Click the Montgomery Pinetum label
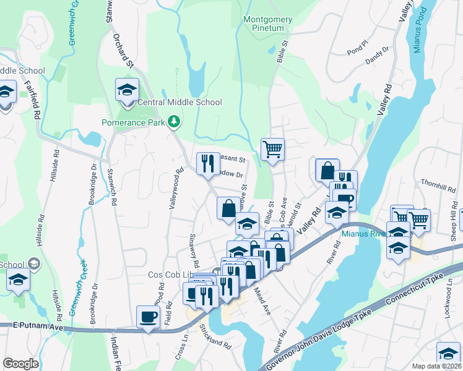coord(267,24)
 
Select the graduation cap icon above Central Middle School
coord(127,90)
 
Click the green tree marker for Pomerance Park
coord(175,122)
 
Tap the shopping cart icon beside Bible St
coord(272,149)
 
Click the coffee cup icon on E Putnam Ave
coord(148,317)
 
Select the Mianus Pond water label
coord(419,31)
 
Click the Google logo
coord(20,364)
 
